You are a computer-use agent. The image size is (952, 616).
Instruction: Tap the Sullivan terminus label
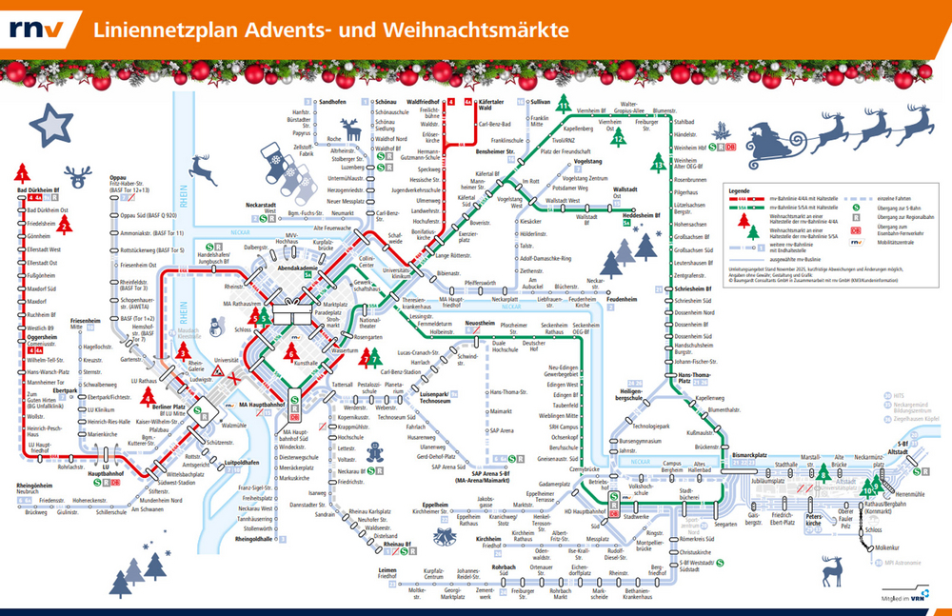click(x=540, y=101)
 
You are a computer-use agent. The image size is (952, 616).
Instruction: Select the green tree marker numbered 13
click(x=658, y=162)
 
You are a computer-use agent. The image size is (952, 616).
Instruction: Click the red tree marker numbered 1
click(x=21, y=173)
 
